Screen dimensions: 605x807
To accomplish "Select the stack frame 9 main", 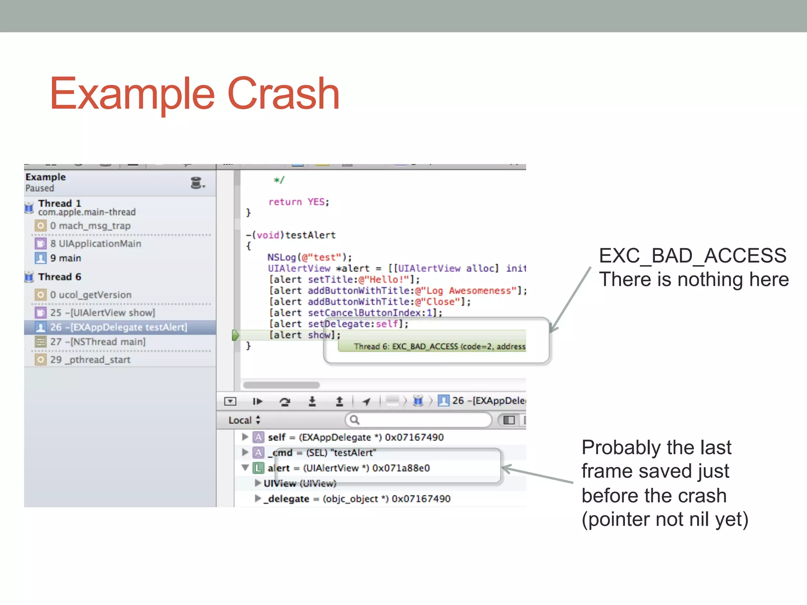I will pyautogui.click(x=65, y=258).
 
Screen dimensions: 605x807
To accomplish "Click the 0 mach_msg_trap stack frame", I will pyautogui.click(x=90, y=226).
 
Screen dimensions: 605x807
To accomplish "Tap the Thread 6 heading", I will pyautogui.click(x=60, y=277).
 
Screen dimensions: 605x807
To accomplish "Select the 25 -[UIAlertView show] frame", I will pyautogui.click(x=102, y=313).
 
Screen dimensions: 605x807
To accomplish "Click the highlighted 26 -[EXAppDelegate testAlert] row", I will pyautogui.click(x=118, y=327).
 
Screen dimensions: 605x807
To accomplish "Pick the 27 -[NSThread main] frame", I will pyautogui.click(x=97, y=341).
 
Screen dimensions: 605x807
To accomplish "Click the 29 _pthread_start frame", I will pyautogui.click(x=90, y=360).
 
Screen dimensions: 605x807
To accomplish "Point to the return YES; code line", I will pyautogui.click(x=298, y=202).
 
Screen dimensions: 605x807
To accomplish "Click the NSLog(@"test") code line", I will pyautogui.click(x=309, y=257).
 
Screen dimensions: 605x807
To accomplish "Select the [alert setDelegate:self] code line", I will pyautogui.click(x=338, y=324).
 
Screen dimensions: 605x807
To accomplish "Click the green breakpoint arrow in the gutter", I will pyautogui.click(x=236, y=335).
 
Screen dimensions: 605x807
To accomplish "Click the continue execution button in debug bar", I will pyautogui.click(x=257, y=401).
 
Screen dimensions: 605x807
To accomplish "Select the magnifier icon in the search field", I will pyautogui.click(x=355, y=420).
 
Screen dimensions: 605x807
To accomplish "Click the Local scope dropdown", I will pyautogui.click(x=244, y=420).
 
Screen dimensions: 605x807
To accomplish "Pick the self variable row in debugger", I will pyautogui.click(x=355, y=437).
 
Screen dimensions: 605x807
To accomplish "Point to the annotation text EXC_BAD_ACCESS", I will pyautogui.click(x=692, y=256).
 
